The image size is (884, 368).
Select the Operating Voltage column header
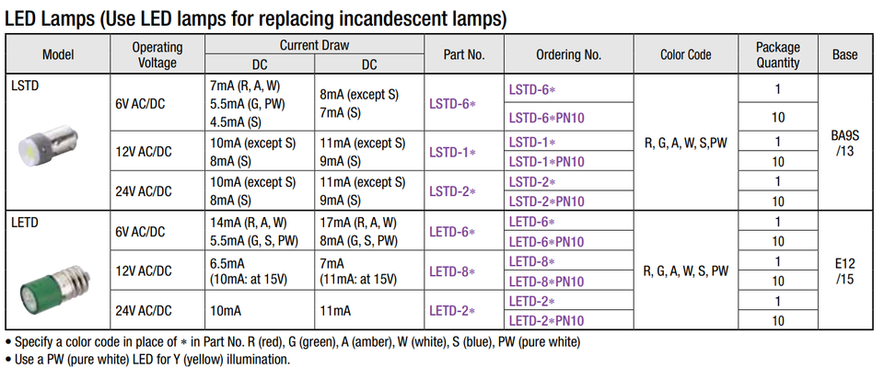coord(157,54)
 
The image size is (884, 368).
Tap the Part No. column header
coord(463,54)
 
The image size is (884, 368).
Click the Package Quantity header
coord(777,54)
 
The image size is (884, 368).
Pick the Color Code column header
coord(686,54)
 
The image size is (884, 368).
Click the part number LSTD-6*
coord(452,104)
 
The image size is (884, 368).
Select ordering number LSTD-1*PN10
coord(546,162)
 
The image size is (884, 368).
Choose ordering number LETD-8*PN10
coord(546,281)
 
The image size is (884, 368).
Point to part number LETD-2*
coord(452,311)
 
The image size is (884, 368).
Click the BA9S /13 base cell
coord(843,143)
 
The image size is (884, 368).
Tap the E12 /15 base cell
coord(843,271)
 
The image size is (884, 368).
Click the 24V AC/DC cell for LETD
coord(145,311)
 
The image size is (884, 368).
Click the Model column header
coord(58,54)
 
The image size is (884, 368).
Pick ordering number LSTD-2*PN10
coord(546,201)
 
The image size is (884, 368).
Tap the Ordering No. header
coord(568,54)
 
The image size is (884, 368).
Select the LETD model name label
coord(26,222)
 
